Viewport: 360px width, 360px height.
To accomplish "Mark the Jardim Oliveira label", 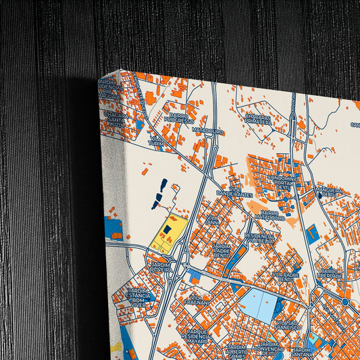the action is (159, 265).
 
